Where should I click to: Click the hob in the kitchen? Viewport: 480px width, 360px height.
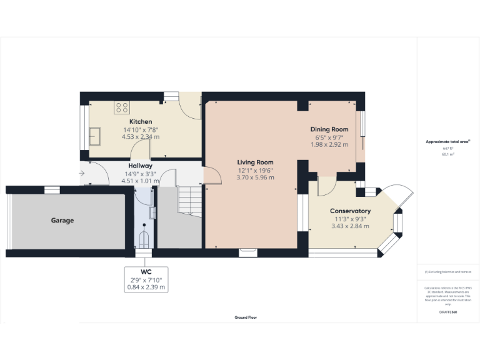pos(121,107)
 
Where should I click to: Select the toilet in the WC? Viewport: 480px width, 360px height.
pos(144,239)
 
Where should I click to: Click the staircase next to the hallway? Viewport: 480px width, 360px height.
pos(189,199)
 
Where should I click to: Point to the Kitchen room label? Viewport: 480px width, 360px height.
pos(141,121)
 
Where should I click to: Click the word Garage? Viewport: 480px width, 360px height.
pos(62,221)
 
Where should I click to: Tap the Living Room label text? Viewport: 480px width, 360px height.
pos(256,161)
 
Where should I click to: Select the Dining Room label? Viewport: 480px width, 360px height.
pos(329,129)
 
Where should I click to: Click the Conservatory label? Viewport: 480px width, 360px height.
pos(350,211)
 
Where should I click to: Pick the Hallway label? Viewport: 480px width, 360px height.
pos(141,166)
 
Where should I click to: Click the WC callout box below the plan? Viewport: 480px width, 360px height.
pos(146,279)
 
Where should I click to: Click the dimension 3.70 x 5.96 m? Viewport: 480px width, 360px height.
pos(256,177)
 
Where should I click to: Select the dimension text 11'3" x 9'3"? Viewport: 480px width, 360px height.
pos(350,219)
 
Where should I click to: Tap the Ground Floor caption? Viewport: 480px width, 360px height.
pos(246,317)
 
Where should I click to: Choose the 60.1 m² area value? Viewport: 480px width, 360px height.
pos(447,154)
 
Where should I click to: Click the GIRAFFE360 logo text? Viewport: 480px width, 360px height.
pos(447,311)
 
